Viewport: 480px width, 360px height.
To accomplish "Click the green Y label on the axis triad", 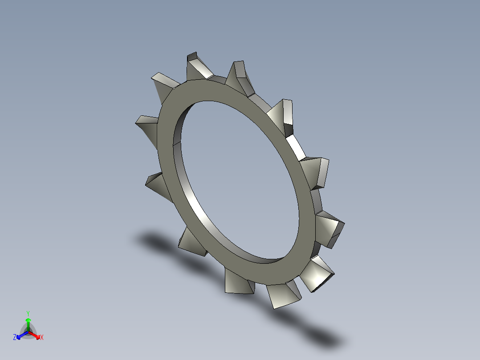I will (x=28, y=313).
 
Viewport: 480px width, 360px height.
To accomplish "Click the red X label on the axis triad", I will (x=42, y=338).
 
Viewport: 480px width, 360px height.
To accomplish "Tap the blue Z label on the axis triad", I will (x=15, y=338).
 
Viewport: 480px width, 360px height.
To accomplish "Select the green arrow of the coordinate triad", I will (x=28, y=323).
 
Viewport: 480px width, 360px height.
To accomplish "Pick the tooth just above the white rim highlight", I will (x=283, y=114).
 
